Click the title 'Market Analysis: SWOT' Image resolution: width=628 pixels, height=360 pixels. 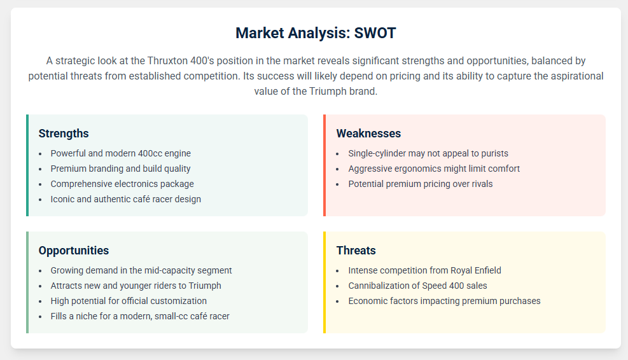316,33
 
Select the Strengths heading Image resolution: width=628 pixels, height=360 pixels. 64,134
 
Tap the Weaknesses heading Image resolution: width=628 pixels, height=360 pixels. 368,134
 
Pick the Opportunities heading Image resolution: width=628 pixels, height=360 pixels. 74,250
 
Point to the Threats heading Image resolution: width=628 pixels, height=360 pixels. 356,250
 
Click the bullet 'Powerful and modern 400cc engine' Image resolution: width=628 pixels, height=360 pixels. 120,153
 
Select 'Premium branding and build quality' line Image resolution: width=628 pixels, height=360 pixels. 120,169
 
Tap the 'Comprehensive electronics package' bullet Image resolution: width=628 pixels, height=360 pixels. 122,184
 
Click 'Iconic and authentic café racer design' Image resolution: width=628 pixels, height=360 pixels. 126,199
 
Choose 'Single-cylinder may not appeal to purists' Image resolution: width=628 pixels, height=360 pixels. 428,153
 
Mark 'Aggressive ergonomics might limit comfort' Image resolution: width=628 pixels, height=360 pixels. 434,169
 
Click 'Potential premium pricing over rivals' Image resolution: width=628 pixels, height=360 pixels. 421,184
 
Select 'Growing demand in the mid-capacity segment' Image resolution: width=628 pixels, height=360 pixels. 141,270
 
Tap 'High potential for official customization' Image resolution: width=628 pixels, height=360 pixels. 129,301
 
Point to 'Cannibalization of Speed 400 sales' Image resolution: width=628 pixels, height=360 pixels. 418,286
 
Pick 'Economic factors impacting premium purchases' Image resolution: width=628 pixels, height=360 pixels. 444,301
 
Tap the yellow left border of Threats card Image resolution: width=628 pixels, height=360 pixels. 324,282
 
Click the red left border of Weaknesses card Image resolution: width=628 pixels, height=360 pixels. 324,165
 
